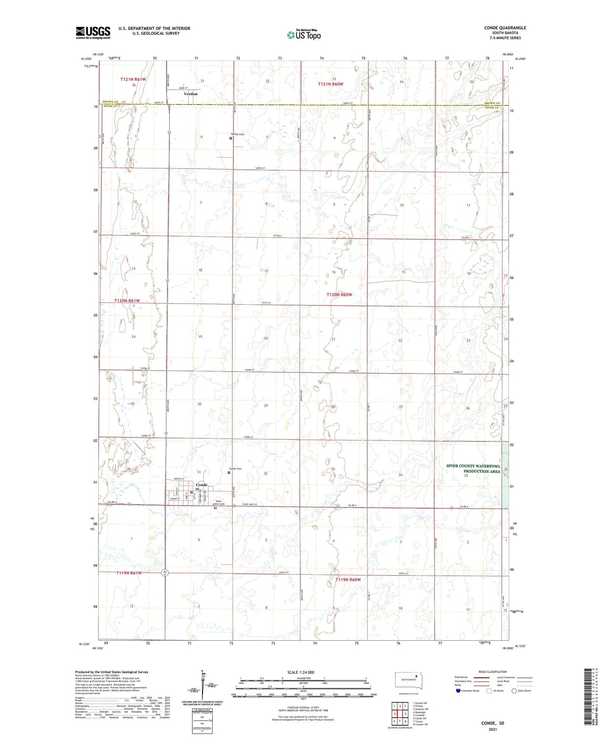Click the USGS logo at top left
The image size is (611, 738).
point(93,33)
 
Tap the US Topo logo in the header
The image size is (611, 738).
point(304,35)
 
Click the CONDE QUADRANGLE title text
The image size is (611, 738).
point(505,28)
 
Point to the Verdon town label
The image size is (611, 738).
point(190,94)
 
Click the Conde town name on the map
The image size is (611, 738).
point(202,484)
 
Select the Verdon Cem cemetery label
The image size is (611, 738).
point(237,134)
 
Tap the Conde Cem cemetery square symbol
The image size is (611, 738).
point(229,473)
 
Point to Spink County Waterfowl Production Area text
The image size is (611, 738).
point(473,468)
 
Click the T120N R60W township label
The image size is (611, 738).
point(339,295)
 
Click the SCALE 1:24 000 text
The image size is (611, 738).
point(301,672)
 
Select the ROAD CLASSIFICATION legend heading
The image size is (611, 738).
point(493,672)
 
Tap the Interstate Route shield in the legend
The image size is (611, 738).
point(458,691)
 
